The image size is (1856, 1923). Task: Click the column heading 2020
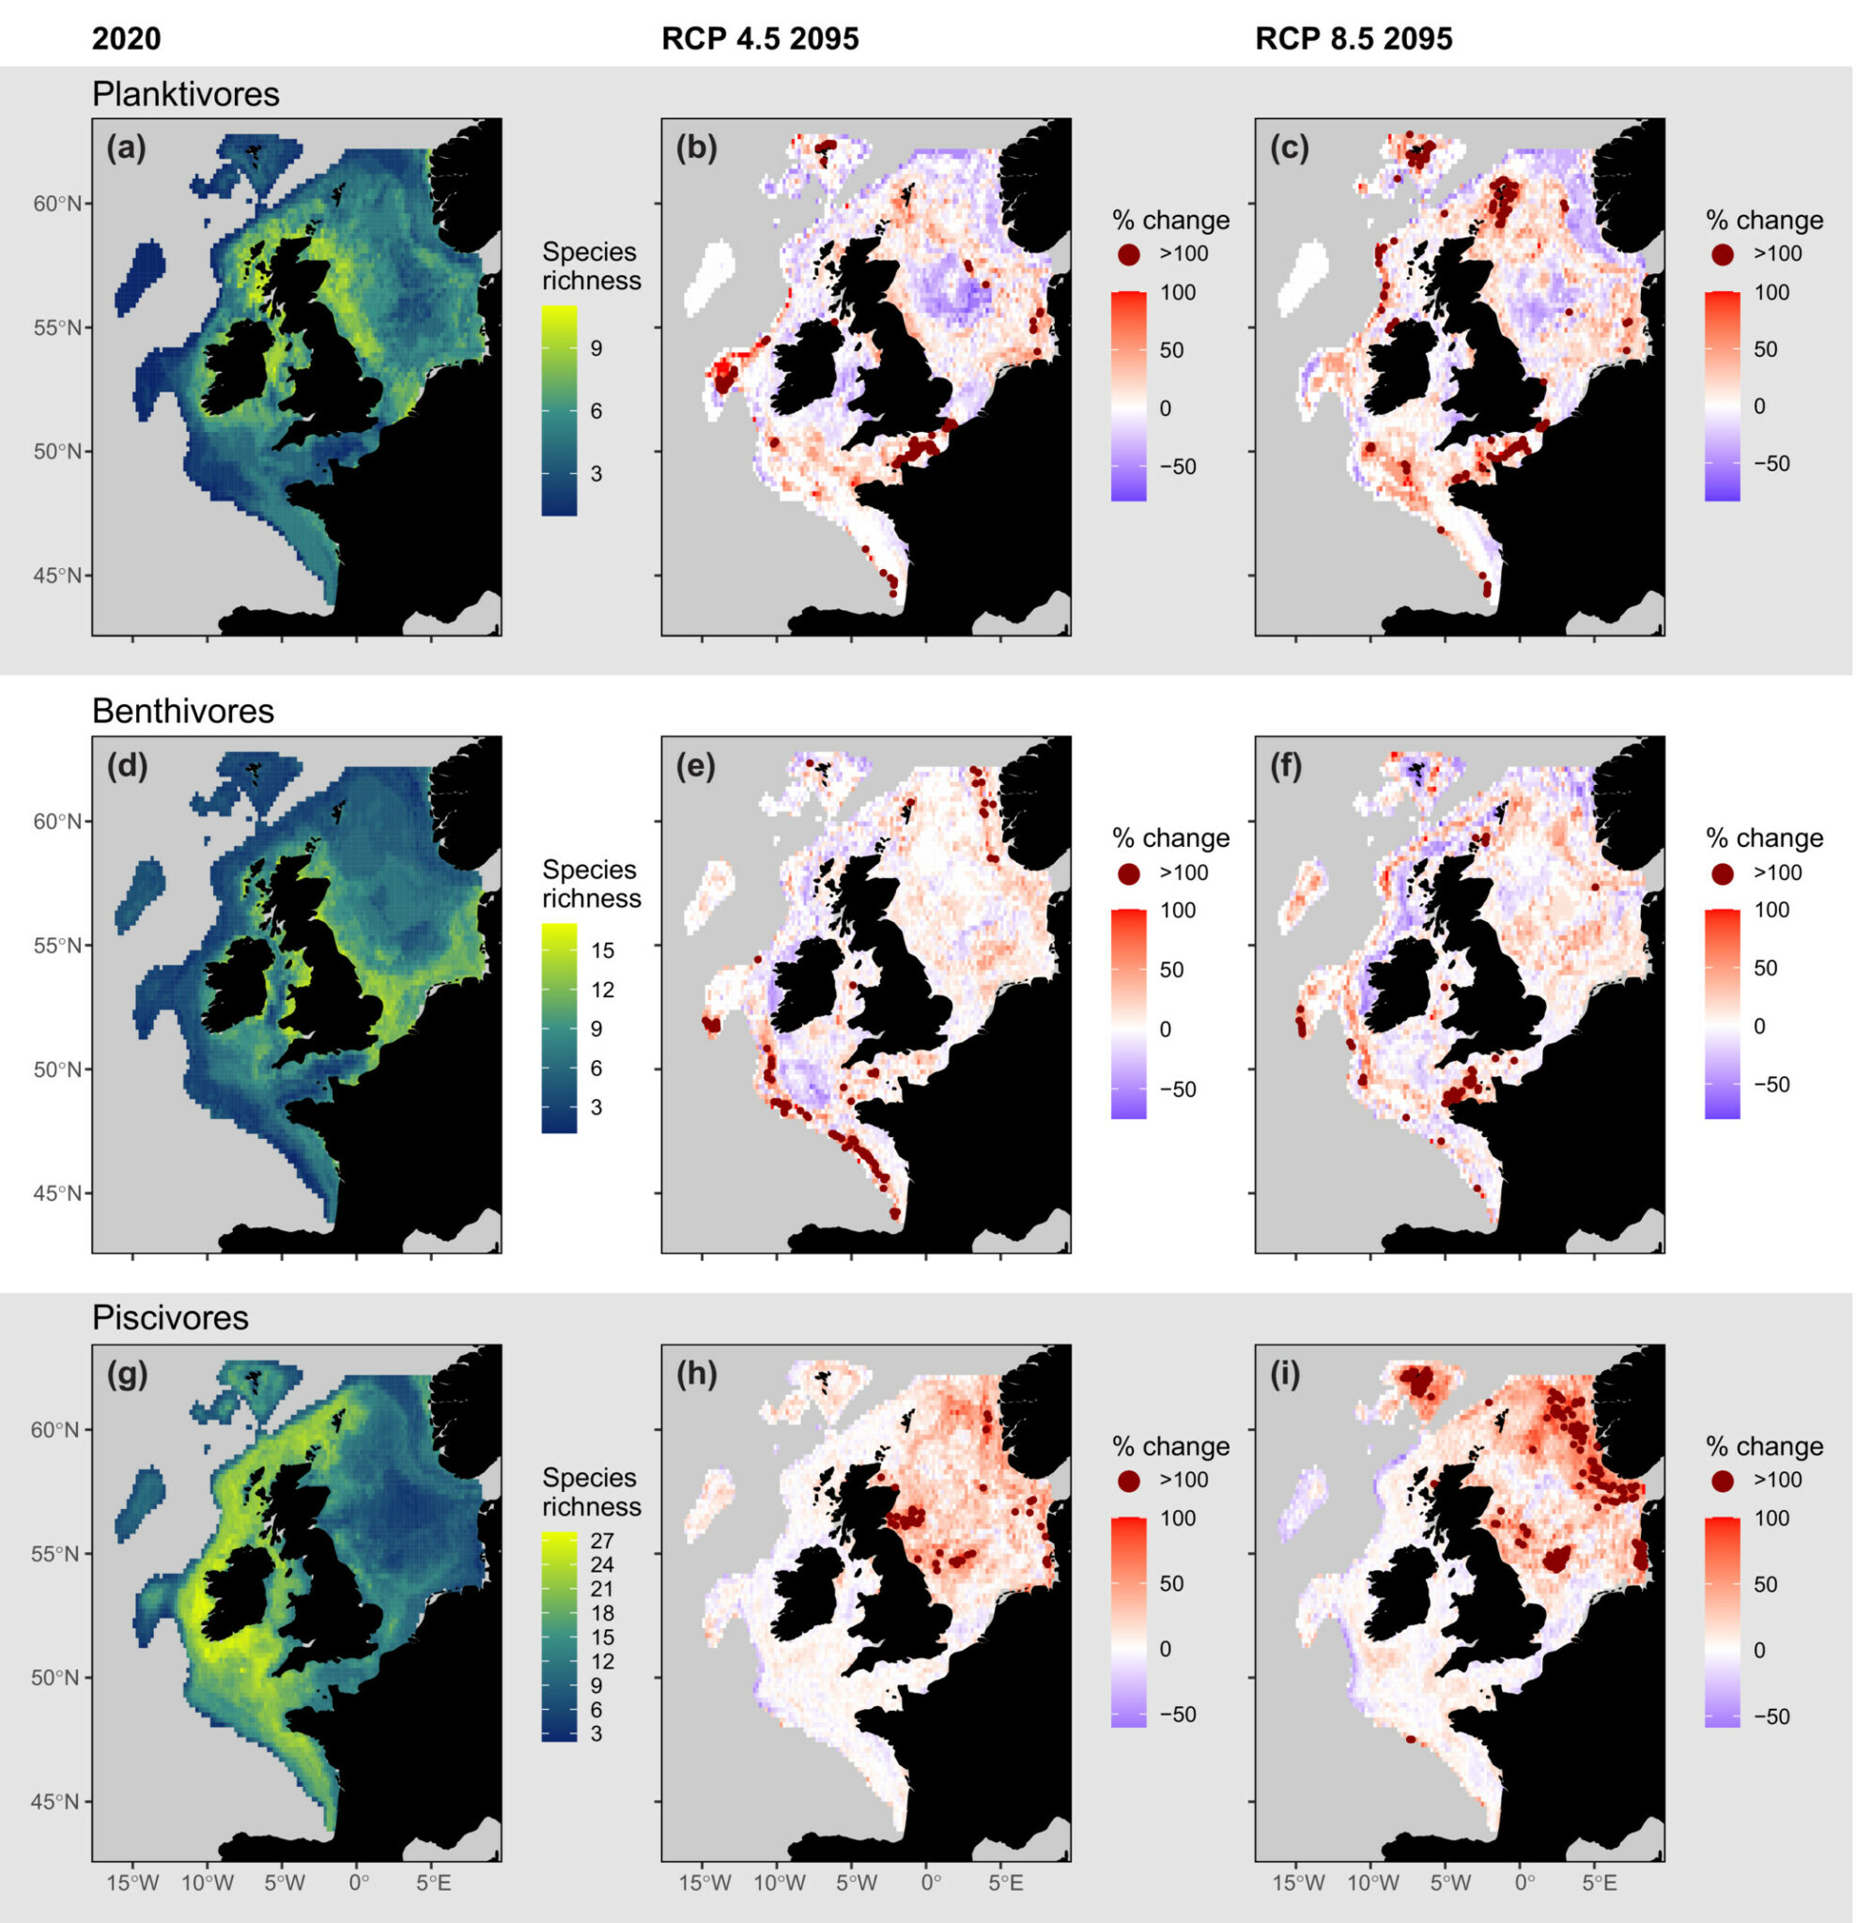pos(126,38)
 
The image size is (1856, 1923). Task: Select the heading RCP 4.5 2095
pos(760,38)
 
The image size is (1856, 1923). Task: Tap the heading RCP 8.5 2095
pos(1353,38)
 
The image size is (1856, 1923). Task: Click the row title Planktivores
pos(185,94)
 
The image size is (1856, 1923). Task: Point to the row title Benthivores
pos(182,711)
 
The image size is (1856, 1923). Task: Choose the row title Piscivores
pos(170,1317)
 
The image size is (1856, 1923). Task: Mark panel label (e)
pos(696,766)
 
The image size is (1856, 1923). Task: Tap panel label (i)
pos(1285,1375)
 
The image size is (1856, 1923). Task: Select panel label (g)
pos(127,1375)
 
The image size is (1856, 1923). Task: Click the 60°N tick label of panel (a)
pos(60,204)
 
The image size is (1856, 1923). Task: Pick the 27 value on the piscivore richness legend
pos(602,1542)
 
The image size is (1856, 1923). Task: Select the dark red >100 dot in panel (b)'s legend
pos(1128,254)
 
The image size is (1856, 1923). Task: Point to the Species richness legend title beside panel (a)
pos(591,266)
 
